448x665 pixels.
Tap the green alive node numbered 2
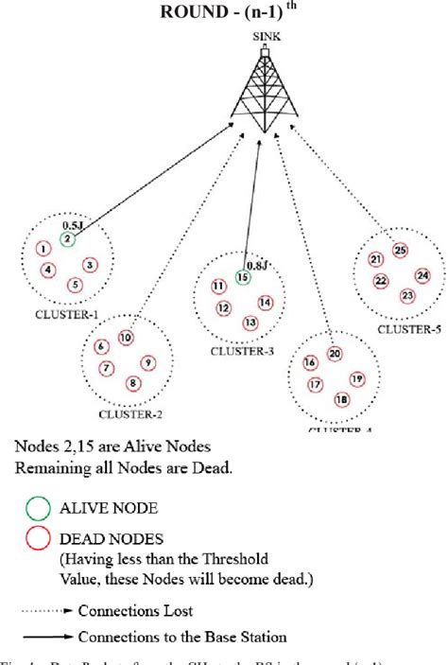(68, 239)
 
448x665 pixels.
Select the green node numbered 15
(243, 277)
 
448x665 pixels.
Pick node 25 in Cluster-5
(400, 251)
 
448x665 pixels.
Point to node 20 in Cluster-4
(335, 354)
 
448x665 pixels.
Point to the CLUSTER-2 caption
(129, 412)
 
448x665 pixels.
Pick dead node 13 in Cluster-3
(250, 324)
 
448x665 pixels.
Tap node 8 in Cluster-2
(132, 382)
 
